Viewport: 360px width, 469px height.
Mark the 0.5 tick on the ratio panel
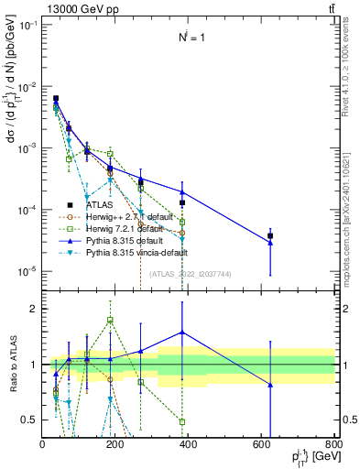pos(33,420)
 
